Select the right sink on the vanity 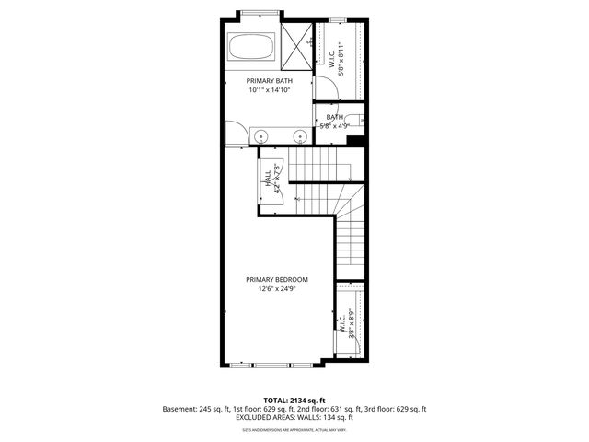pos(300,136)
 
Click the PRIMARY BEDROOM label pos(276,279)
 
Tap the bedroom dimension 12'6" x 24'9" pos(276,288)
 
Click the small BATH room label pos(333,117)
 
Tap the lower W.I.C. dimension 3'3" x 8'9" pos(351,325)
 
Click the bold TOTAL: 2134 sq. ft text pos(294,400)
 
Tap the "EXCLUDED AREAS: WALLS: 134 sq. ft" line pos(294,417)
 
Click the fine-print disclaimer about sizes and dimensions pos(294,429)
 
